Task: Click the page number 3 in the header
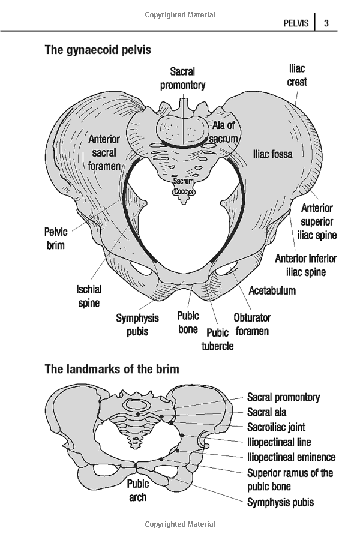coord(326,23)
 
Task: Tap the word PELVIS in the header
coord(296,23)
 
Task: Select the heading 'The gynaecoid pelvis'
coord(98,50)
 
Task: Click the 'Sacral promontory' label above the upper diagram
coord(182,79)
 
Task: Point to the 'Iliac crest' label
coord(297,75)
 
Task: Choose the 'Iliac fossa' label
coord(273,154)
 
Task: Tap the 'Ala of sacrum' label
coord(224,132)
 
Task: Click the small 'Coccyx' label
coord(184,191)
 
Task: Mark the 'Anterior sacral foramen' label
coord(104,152)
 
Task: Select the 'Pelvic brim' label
coord(55,238)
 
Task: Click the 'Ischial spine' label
coord(89,296)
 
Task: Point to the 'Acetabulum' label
coord(272,290)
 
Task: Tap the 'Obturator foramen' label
coord(252,324)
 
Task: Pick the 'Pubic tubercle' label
coord(217,339)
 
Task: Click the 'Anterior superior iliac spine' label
coord(317,221)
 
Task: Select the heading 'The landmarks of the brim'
coord(112,369)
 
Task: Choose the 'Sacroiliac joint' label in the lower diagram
coord(276,427)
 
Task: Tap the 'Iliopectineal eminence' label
coord(292,457)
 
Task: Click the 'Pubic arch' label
coord(138,490)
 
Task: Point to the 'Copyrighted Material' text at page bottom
coord(180,524)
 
